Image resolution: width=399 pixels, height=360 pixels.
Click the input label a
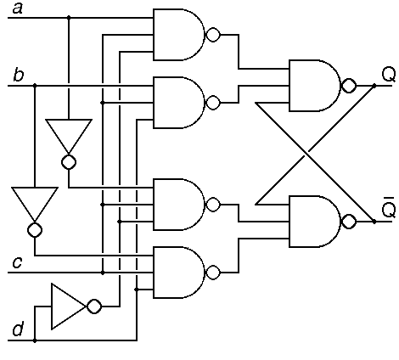(x=18, y=8)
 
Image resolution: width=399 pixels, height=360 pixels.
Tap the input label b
(x=19, y=75)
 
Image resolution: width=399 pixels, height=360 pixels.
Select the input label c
(x=17, y=262)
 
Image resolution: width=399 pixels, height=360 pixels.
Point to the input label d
(x=18, y=329)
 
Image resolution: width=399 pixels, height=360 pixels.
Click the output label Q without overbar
(x=389, y=75)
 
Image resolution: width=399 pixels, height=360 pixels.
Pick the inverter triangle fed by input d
(x=69, y=307)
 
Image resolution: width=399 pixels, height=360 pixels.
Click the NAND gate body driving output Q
(x=315, y=86)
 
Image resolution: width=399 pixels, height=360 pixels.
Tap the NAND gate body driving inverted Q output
(x=315, y=222)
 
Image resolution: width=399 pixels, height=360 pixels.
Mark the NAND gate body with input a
(x=178, y=35)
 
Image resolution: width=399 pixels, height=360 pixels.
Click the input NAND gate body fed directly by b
(x=178, y=103)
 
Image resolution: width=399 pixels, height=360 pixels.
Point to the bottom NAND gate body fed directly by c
(x=178, y=273)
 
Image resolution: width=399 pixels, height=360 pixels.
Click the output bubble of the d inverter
(x=94, y=307)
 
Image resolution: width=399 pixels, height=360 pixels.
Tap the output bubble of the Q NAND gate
(x=349, y=86)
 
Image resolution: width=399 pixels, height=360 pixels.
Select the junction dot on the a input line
(x=69, y=18)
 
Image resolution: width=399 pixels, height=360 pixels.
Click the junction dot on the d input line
(x=35, y=340)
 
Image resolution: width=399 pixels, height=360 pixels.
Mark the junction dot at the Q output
(x=374, y=86)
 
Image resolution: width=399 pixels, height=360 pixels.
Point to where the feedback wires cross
(x=306, y=154)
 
